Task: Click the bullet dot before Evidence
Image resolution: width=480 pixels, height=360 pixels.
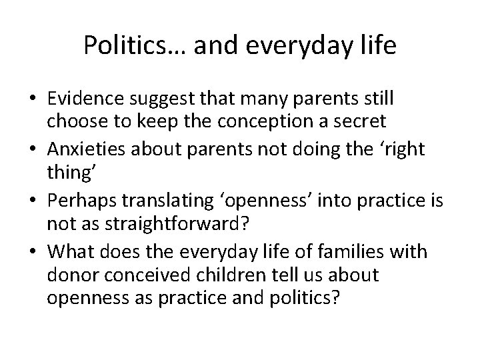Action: (x=31, y=99)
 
